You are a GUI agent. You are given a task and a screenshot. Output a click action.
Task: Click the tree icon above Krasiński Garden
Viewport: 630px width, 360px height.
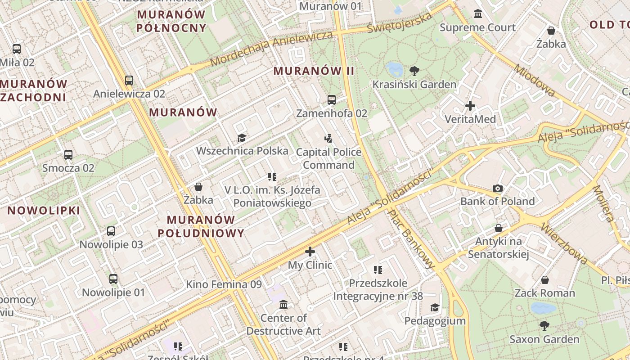pos(414,71)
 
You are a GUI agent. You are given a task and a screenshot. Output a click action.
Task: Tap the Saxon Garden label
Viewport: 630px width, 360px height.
pos(544,339)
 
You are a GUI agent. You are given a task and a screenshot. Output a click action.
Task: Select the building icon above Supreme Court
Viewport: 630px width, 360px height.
pos(478,14)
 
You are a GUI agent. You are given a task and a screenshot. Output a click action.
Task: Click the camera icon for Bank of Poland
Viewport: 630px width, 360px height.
pos(497,188)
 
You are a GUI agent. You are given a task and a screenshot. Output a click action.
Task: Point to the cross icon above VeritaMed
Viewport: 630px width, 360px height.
pos(470,106)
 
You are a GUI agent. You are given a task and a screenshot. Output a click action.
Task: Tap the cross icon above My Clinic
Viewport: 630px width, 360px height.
pos(310,252)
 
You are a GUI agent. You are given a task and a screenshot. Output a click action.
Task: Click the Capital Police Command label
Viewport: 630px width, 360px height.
pos(328,158)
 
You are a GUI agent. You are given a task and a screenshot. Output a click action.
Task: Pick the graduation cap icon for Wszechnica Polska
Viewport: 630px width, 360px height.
pos(242,138)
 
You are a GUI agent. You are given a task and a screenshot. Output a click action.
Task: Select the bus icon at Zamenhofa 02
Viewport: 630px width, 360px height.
pos(332,100)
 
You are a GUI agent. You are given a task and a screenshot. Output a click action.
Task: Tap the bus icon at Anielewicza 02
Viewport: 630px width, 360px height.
pos(129,81)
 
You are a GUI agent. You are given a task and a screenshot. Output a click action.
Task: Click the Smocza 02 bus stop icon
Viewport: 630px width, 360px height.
pos(68,155)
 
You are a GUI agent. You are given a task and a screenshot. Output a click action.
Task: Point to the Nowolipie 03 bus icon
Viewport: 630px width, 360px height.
pos(111,231)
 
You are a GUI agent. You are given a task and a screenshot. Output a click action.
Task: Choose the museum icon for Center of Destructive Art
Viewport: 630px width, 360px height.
pos(283,305)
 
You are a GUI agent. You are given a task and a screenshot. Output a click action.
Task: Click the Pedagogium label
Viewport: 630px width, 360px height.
pos(435,321)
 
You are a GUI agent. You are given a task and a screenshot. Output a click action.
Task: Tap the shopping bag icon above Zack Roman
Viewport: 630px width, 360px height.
pos(544,280)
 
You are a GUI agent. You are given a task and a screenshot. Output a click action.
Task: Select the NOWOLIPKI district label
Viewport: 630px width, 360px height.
pos(44,210)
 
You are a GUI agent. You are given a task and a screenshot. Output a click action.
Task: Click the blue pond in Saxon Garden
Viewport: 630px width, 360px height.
pos(543,308)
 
